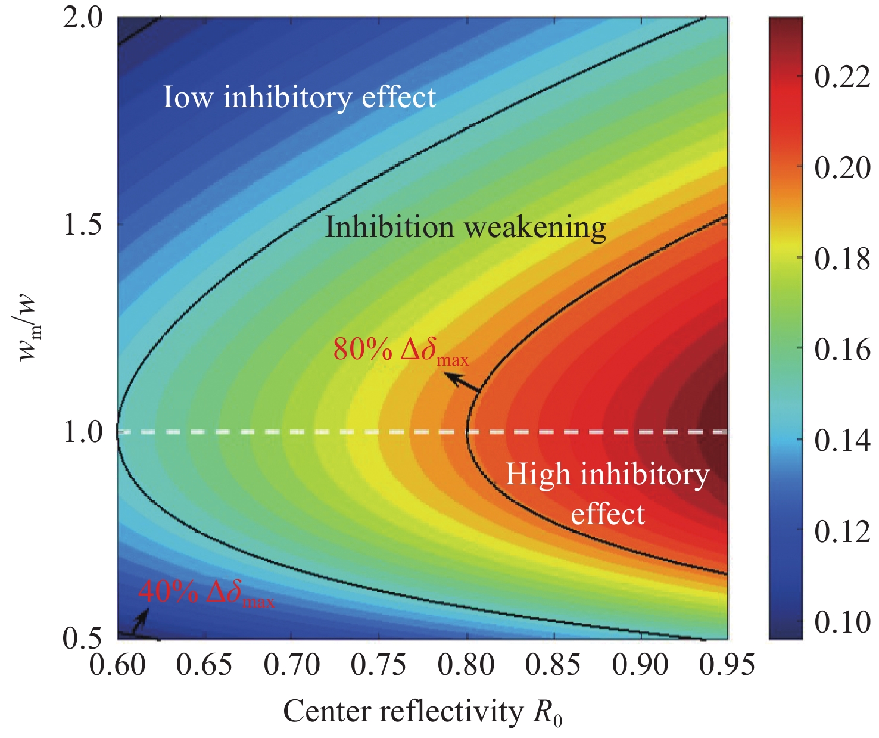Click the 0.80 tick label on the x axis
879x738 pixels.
point(466,665)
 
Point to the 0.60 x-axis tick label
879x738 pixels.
point(117,665)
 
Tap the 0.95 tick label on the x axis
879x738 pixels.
point(727,665)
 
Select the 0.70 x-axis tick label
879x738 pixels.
point(292,665)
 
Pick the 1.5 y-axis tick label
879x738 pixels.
point(83,225)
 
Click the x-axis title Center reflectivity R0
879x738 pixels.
point(422,712)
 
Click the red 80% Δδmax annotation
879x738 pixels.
point(400,351)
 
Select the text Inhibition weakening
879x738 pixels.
point(465,228)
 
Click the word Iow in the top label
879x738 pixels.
point(187,97)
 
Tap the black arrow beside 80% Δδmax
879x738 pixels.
point(463,382)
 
